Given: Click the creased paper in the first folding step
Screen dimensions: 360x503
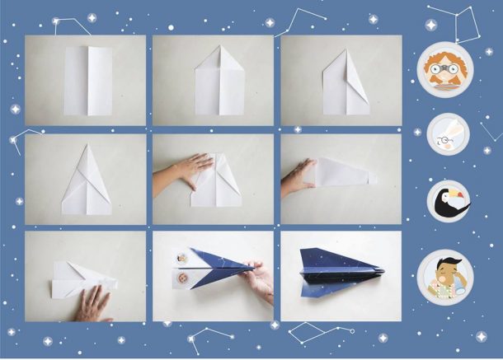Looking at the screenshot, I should pyautogui.click(x=87, y=80).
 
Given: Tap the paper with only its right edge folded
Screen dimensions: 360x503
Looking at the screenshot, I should pyautogui.click(x=346, y=82).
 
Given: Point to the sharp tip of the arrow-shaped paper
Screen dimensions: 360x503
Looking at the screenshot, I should pyautogui.click(x=87, y=146).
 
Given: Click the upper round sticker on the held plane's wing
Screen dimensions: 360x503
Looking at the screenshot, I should pyautogui.click(x=182, y=258).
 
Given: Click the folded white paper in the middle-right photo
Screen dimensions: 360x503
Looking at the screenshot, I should pyautogui.click(x=345, y=171).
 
